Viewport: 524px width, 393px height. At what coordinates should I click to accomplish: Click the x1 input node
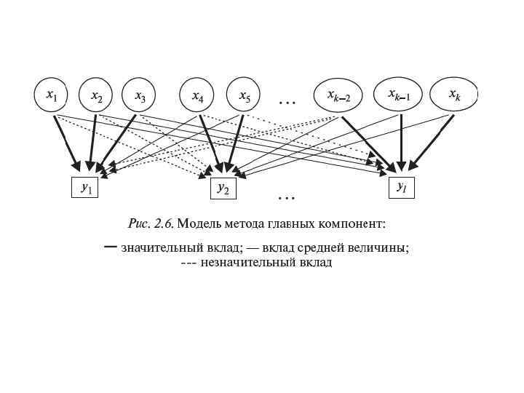click(51, 95)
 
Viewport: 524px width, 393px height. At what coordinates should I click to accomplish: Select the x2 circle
click(96, 95)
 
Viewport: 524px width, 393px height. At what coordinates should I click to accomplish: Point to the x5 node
click(244, 95)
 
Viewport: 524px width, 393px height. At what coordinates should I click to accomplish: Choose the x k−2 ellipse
click(338, 95)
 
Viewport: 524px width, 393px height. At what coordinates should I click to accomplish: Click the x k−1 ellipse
click(398, 95)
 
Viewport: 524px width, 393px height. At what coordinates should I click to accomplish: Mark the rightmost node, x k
click(453, 95)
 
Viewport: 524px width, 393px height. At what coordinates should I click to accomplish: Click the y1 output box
click(85, 188)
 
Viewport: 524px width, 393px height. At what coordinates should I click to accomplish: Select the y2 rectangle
click(223, 188)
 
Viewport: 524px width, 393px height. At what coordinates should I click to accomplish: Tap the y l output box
click(401, 187)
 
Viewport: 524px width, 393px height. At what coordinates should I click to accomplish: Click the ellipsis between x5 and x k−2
click(287, 102)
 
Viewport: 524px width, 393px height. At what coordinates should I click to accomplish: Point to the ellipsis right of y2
click(286, 196)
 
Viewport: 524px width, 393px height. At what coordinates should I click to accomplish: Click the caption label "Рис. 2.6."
click(151, 223)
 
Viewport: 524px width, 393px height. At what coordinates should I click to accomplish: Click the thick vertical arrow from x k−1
click(400, 138)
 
